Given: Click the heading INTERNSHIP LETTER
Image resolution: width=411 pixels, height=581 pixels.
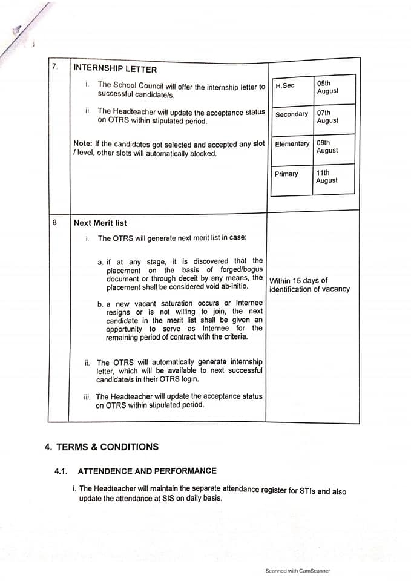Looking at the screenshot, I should coord(115,69).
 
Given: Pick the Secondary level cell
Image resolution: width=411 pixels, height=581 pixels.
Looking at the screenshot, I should coord(291,114).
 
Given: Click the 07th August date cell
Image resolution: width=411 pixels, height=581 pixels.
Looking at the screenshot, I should coord(327,116).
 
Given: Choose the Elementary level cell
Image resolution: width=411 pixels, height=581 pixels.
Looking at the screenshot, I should coord(292,144).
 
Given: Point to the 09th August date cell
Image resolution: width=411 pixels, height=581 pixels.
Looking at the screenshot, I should coord(327,146).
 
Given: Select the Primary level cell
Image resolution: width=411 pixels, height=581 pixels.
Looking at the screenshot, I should coord(286,174).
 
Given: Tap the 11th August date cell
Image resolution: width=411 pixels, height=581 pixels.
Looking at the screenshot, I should coord(327,176).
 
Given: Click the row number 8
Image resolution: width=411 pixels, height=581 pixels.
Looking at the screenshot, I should coord(55,222).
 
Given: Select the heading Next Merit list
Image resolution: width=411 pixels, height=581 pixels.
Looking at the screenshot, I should coord(100,223).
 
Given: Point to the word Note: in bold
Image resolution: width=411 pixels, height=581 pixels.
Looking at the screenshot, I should coord(82,143).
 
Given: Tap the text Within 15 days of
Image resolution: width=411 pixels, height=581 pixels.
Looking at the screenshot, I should coord(298,281).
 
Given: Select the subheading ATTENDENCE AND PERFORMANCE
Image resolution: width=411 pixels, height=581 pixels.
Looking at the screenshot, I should coord(147,471).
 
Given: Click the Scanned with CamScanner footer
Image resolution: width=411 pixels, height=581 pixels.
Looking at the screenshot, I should coord(298,570).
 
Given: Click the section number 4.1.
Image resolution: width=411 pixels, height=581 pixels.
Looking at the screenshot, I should coord(62,471).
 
